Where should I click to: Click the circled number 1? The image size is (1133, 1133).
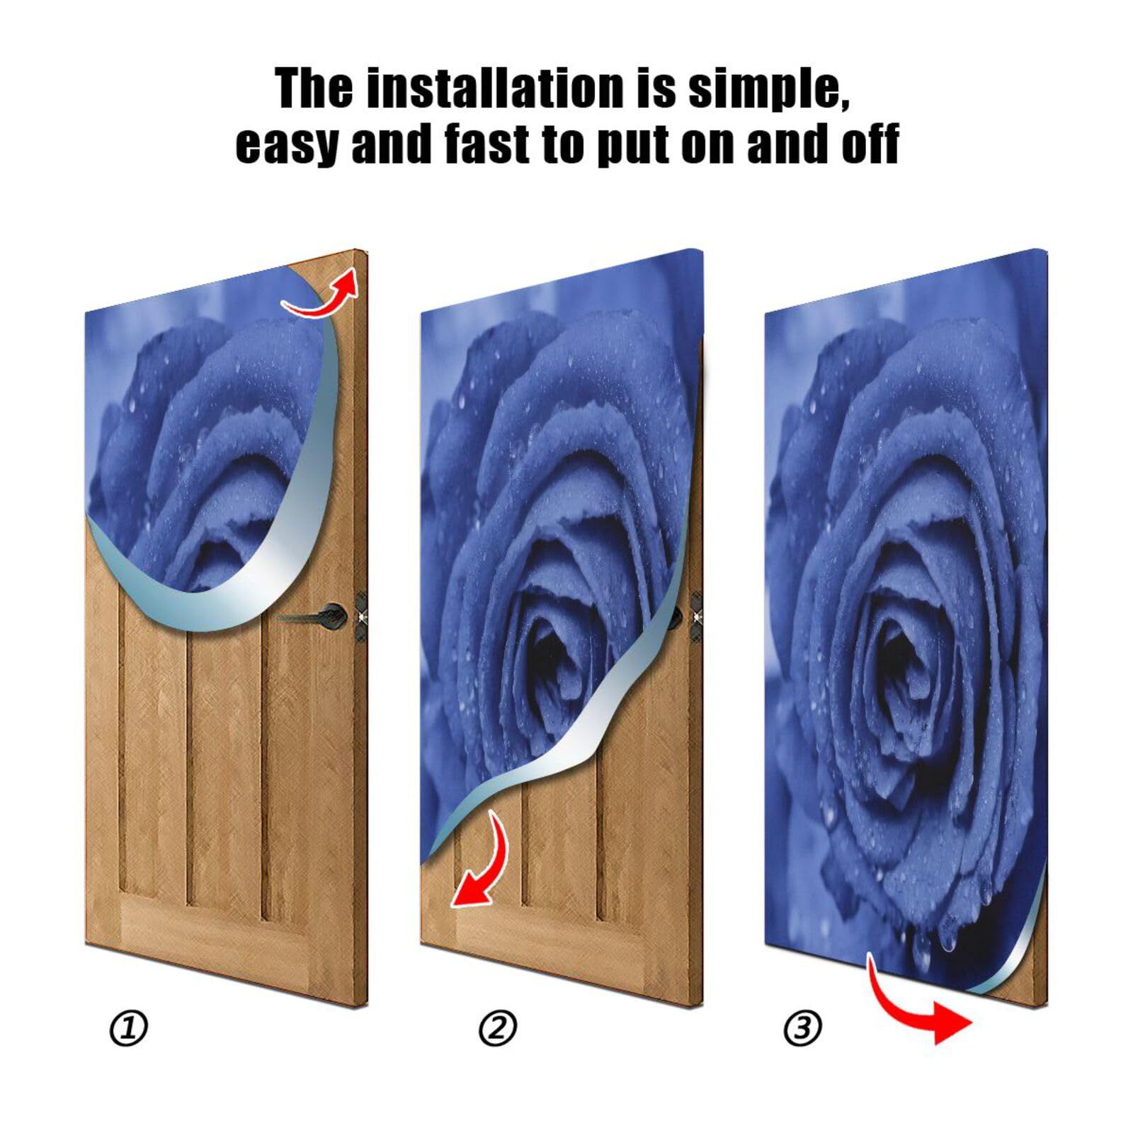pyautogui.click(x=129, y=1029)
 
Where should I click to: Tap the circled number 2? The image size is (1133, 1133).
pyautogui.click(x=498, y=1029)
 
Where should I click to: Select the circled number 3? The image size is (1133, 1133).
pyautogui.click(x=803, y=1028)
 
